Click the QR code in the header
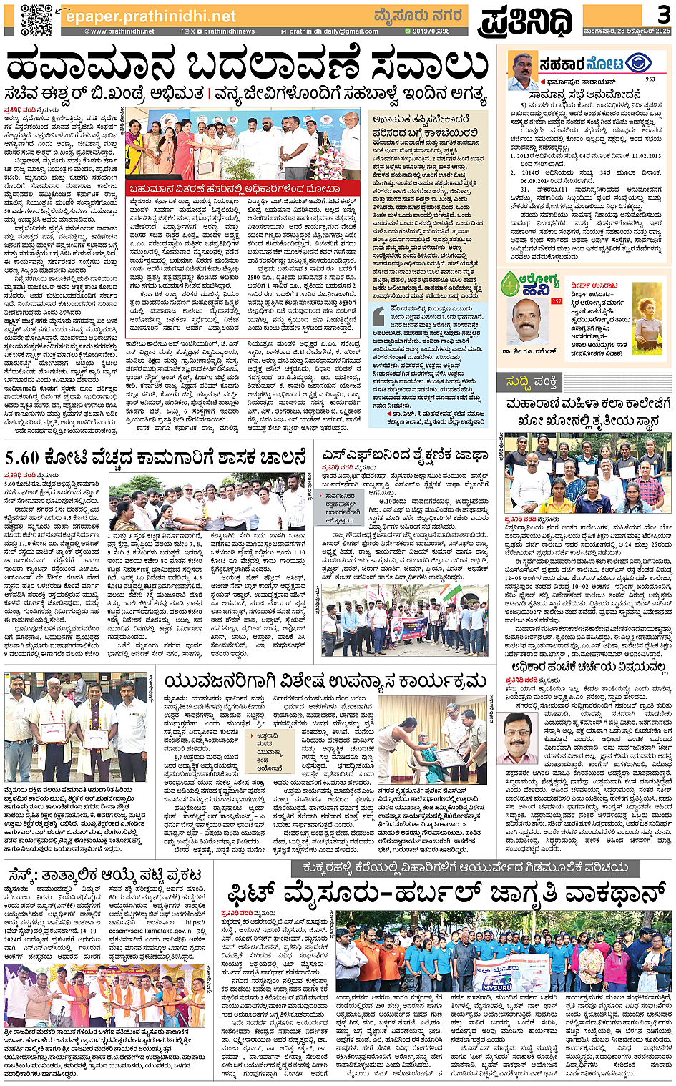[x=36, y=20]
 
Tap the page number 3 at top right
[x=663, y=14]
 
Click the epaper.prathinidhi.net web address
[x=150, y=16]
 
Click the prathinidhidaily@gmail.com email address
[x=334, y=31]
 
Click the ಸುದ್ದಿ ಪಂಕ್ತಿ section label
[x=532, y=381]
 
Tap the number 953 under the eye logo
[x=650, y=79]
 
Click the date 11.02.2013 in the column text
[x=639, y=155]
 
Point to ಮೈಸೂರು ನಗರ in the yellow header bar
[x=418, y=16]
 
